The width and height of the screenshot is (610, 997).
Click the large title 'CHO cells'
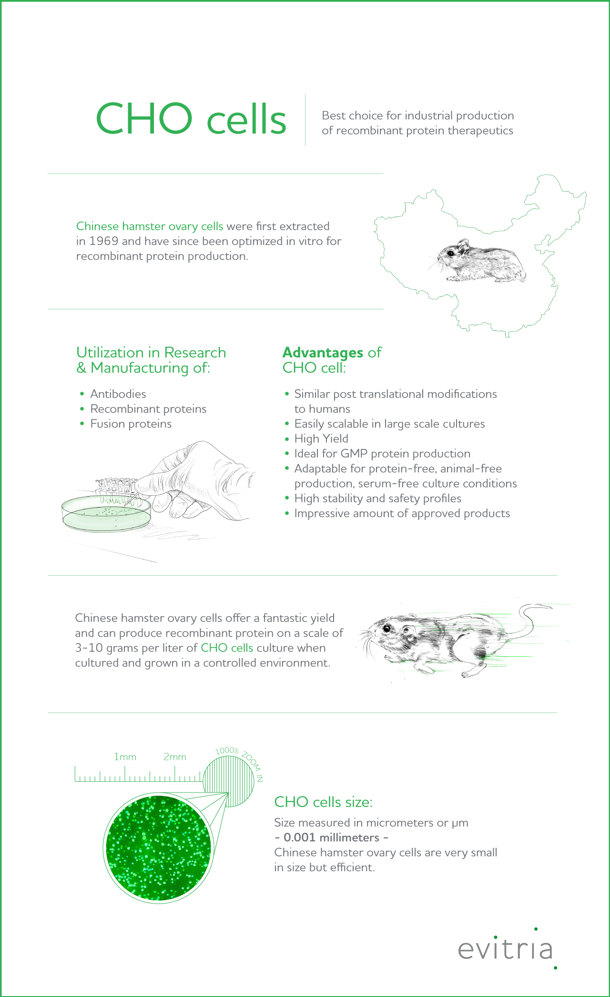pos(191,119)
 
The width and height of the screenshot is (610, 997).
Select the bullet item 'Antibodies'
pos(118,394)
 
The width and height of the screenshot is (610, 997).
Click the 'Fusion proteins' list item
pos(131,424)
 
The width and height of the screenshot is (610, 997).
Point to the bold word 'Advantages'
pos(323,353)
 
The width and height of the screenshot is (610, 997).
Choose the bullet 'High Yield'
pos(321,438)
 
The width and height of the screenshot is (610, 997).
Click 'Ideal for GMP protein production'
pos(382,454)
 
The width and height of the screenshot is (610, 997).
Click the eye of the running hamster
pos(386,629)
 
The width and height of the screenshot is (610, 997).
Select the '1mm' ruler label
pos(125,757)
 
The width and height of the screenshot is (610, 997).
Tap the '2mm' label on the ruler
pos(175,757)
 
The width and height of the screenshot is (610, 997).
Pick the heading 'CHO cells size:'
pos(323,802)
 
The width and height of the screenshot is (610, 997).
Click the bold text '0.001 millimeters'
pos(331,837)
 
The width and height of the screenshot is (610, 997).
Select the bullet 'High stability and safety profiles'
pos(377,498)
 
